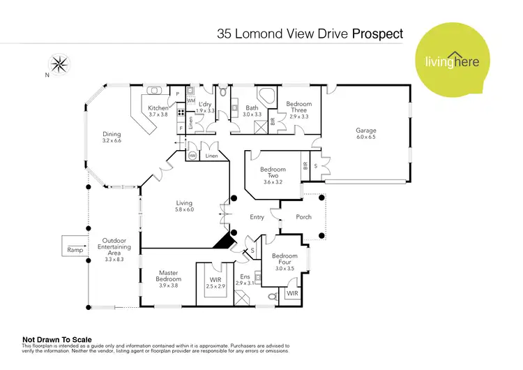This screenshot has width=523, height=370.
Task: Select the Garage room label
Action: pyautogui.click(x=367, y=131)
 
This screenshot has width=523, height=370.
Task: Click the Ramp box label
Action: pyautogui.click(x=74, y=249)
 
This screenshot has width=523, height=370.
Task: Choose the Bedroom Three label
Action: pyautogui.click(x=299, y=107)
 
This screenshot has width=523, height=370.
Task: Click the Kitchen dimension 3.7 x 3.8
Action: pyautogui.click(x=158, y=114)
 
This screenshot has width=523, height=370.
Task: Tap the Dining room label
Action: pyautogui.click(x=112, y=135)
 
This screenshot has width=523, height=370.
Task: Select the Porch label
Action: pyautogui.click(x=304, y=217)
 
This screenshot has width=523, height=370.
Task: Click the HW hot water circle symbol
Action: pyautogui.click(x=191, y=156)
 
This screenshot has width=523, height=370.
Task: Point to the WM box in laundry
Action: pyautogui.click(x=190, y=101)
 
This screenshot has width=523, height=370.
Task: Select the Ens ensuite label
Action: pyautogui.click(x=244, y=277)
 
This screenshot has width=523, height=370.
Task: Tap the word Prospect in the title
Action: pyautogui.click(x=378, y=32)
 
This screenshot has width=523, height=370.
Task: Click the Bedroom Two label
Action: pyautogui.click(x=273, y=173)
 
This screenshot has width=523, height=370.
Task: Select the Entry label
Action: pyautogui.click(x=257, y=217)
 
